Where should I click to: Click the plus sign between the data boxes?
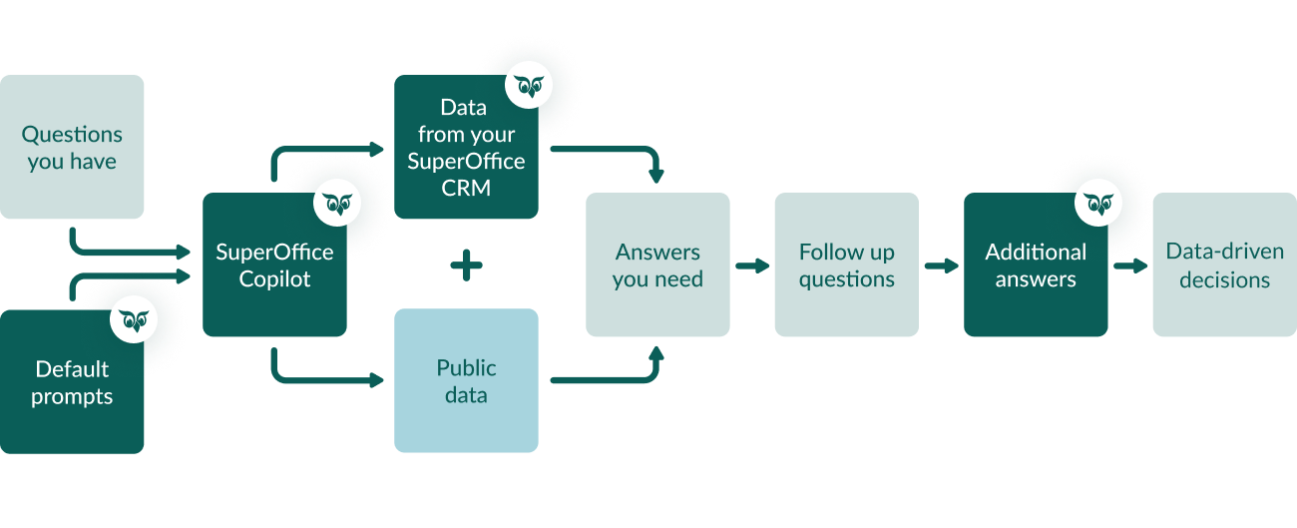tap(466, 265)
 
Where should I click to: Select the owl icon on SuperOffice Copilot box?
tap(338, 204)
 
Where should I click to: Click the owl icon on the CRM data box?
tap(529, 86)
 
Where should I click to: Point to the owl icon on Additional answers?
tap(1098, 204)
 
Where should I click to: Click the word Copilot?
tap(274, 279)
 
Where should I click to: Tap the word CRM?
tap(466, 187)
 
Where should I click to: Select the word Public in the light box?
tap(466, 368)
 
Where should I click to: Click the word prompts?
tap(72, 396)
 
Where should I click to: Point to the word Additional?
tap(1036, 252)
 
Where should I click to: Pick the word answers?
tap(1036, 279)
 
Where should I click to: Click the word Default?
tap(72, 369)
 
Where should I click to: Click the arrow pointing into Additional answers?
tap(941, 265)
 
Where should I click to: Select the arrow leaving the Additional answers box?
tap(1130, 265)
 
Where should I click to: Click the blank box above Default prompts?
tap(72, 147)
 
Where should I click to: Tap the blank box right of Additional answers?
tap(1224, 264)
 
